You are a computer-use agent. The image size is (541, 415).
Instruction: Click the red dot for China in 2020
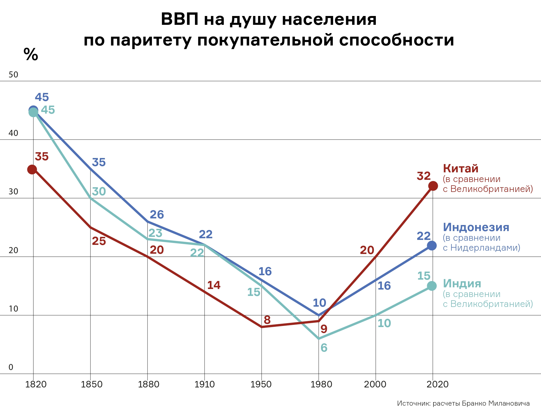pyautogui.click(x=433, y=186)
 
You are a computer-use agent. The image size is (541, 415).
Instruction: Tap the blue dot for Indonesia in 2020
pyautogui.click(x=432, y=245)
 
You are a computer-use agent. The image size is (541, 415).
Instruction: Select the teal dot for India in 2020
pyautogui.click(x=432, y=286)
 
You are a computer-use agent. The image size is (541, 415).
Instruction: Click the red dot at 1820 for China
pyautogui.click(x=32, y=169)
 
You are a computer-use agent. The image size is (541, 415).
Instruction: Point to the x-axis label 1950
pyautogui.click(x=261, y=384)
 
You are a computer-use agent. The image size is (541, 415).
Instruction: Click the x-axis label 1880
pyautogui.click(x=149, y=384)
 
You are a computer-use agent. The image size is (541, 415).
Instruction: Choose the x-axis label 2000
pyautogui.click(x=375, y=384)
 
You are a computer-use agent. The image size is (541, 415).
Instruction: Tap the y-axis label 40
pyautogui.click(x=13, y=133)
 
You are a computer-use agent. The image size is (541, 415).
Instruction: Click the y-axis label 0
pyautogui.click(x=11, y=367)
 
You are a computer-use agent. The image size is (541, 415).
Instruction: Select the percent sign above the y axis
pyautogui.click(x=31, y=54)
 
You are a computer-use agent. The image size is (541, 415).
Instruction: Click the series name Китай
pyautogui.click(x=460, y=168)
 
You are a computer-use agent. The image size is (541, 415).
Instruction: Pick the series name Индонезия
pyautogui.click(x=476, y=227)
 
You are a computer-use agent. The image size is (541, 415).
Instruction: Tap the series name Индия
pyautogui.click(x=462, y=283)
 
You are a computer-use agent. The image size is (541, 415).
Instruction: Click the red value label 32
pyautogui.click(x=424, y=176)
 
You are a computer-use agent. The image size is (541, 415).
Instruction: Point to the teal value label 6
pyautogui.click(x=324, y=348)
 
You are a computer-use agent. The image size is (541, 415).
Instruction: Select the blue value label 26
pyautogui.click(x=157, y=215)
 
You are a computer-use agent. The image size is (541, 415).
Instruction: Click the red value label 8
pyautogui.click(x=267, y=320)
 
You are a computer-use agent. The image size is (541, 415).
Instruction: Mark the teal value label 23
pyautogui.click(x=156, y=233)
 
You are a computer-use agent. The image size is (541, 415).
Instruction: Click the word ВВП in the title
pyautogui.click(x=180, y=19)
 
